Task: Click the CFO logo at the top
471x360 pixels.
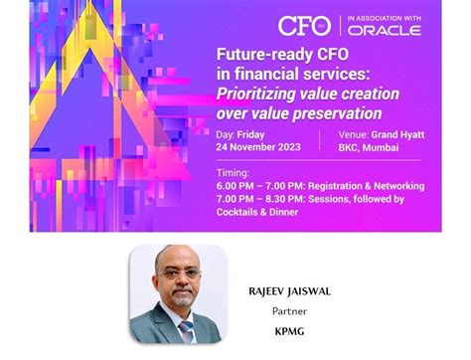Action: (x=305, y=26)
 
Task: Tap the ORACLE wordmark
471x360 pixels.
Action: (x=385, y=30)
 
